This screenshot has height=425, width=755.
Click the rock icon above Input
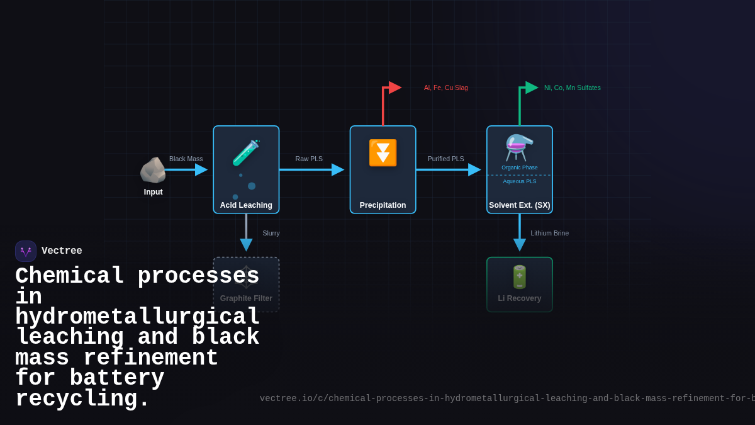pyautogui.click(x=152, y=170)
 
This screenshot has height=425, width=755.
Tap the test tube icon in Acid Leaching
pyautogui.click(x=245, y=153)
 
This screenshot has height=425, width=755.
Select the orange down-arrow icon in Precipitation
pyautogui.click(x=383, y=153)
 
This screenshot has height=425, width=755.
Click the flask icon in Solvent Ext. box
pyautogui.click(x=519, y=148)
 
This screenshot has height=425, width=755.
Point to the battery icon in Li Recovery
pyautogui.click(x=520, y=277)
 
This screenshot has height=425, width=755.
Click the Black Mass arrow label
pyautogui.click(x=186, y=159)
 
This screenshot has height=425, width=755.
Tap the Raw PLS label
pyautogui.click(x=309, y=159)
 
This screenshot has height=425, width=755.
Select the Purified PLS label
pyautogui.click(x=445, y=159)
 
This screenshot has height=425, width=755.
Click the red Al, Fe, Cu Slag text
pyautogui.click(x=445, y=88)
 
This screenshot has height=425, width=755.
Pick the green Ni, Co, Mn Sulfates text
pyautogui.click(x=572, y=88)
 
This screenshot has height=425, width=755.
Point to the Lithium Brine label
pyautogui.click(x=549, y=233)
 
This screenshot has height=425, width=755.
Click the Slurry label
pyautogui.click(x=271, y=233)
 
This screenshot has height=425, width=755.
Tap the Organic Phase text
pyautogui.click(x=520, y=167)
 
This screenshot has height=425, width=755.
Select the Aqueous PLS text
pyautogui.click(x=520, y=181)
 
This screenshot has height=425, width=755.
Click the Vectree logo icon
pyautogui.click(x=26, y=251)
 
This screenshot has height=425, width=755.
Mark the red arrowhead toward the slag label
pyautogui.click(x=394, y=88)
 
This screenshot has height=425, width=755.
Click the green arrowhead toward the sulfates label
pyautogui.click(x=531, y=88)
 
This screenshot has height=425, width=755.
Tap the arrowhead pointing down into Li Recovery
pyautogui.click(x=520, y=244)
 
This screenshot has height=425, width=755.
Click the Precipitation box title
pyautogui.click(x=383, y=205)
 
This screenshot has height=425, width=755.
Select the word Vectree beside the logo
pyautogui.click(x=62, y=251)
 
